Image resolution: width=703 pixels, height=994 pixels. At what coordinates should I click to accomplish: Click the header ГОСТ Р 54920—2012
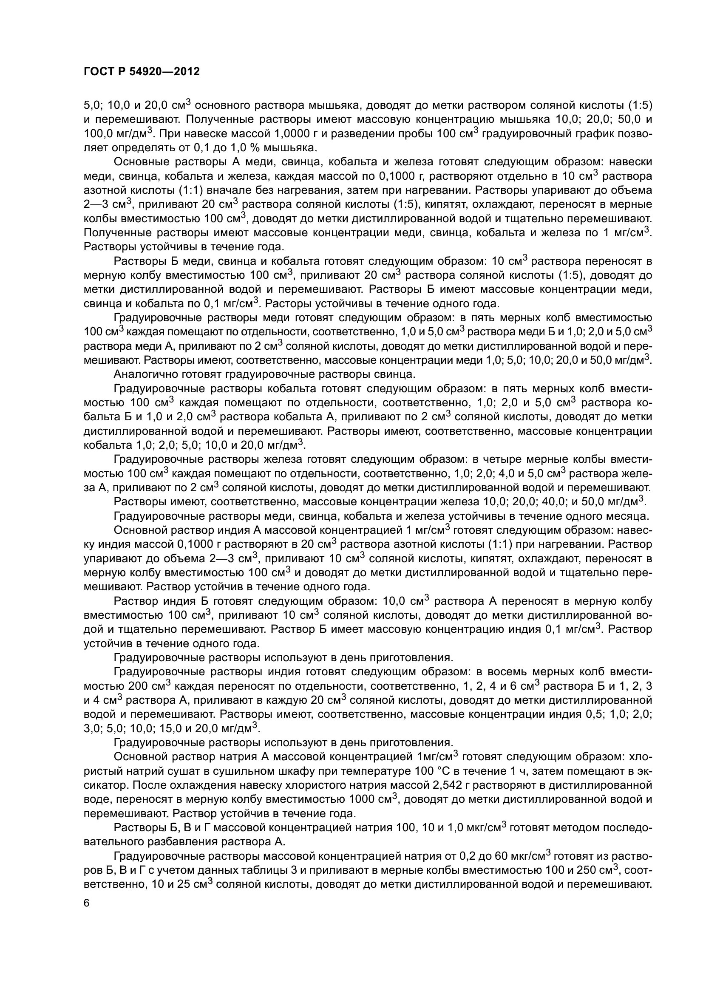coord(142,72)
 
